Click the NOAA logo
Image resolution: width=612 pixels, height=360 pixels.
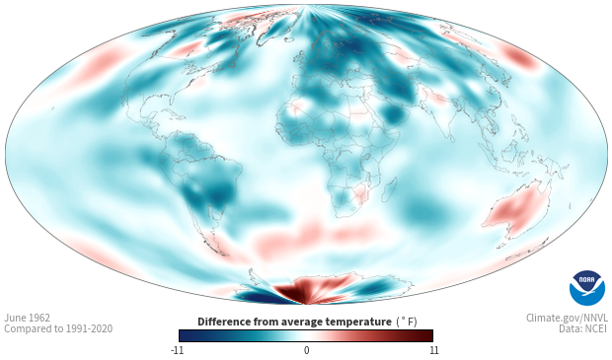click(586, 288)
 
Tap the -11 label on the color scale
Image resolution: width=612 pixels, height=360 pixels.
click(177, 350)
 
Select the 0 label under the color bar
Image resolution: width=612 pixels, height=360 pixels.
click(306, 350)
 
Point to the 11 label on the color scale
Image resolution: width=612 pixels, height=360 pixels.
click(433, 350)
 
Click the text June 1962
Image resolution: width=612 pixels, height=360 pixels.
click(28, 318)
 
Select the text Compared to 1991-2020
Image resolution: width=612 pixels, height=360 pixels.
click(58, 328)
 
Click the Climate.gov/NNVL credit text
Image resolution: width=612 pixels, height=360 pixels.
click(567, 318)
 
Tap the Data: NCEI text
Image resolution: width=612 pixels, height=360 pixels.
click(583, 328)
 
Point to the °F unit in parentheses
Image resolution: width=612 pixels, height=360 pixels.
click(409, 322)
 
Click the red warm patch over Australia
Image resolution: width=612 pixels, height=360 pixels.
click(515, 210)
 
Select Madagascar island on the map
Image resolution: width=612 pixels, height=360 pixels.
click(389, 190)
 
